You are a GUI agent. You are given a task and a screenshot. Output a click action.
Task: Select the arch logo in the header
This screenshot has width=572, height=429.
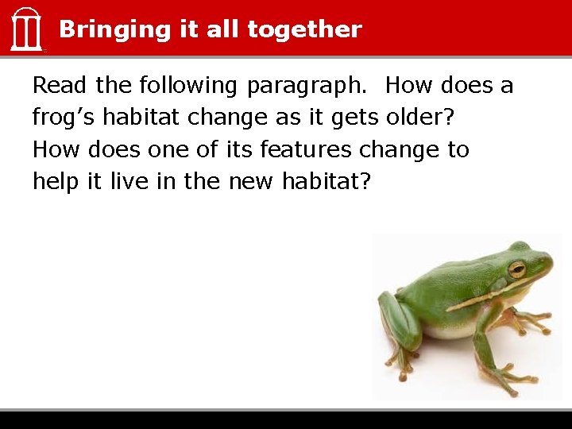(x=26, y=29)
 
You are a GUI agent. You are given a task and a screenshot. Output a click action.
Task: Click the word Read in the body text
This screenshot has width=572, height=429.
(x=60, y=85)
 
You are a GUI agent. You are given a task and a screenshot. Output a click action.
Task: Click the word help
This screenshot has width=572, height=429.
(x=56, y=182)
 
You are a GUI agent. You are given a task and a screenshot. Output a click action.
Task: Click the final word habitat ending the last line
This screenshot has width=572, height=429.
(x=327, y=181)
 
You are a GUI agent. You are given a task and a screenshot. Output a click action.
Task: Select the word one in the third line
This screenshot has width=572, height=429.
(x=168, y=150)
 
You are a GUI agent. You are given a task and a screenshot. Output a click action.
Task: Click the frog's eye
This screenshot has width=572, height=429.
(x=517, y=269)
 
